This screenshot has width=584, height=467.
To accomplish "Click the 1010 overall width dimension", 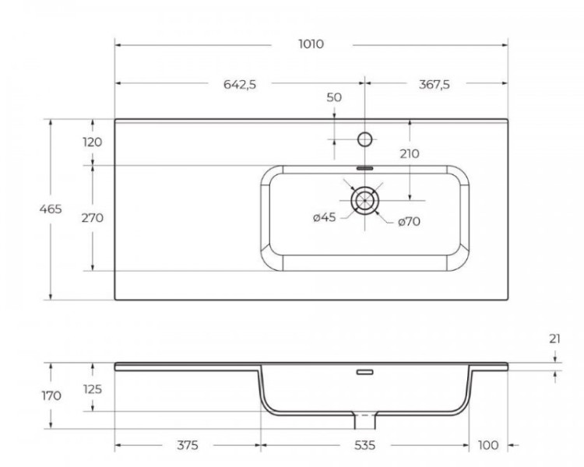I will point(311,44).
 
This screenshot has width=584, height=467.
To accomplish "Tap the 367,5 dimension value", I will point(434,85).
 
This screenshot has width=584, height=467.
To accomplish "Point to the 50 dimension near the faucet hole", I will point(334,97).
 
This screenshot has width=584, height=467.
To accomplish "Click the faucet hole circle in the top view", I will point(364,139).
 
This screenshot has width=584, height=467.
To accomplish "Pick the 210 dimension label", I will point(409,153).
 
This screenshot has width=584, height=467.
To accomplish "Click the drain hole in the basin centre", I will point(364,200).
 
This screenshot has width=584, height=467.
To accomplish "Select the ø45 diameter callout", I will point(324,218).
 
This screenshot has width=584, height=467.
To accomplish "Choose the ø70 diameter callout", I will point(409,222).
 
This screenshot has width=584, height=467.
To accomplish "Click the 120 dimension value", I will point(92,142).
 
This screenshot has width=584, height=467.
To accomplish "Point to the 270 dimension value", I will point(92,218).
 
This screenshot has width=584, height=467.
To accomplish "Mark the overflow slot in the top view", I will point(364,167).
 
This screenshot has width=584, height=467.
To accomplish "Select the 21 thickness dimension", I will point(554,339).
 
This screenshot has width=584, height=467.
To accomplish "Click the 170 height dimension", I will point(51,395).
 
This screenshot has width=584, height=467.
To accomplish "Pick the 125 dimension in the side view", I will point(92,388).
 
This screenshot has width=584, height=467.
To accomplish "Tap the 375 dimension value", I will point(187,445).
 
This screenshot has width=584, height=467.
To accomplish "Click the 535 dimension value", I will point(364,445).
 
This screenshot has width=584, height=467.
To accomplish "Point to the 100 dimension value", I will point(488,445).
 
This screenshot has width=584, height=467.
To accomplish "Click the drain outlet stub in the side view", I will point(364,421).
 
